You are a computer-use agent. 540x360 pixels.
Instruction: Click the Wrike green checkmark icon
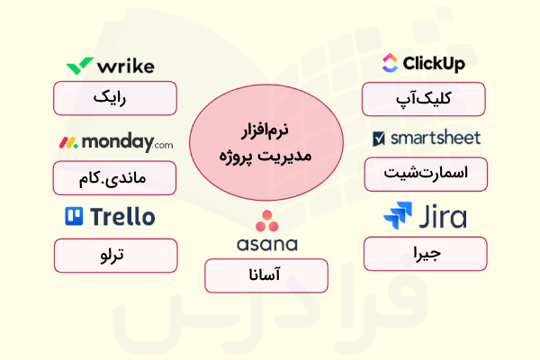coord(78,66)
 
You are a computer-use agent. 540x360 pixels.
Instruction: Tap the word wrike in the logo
coord(123,66)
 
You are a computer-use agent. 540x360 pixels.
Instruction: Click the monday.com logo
coord(115,142)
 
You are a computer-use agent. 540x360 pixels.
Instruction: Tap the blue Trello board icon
coord(75,216)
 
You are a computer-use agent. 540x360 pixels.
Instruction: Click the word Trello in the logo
coord(121,216)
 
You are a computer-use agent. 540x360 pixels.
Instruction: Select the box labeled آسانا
coord(266,275)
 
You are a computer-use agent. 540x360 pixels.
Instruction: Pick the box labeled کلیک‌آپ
coord(423,98)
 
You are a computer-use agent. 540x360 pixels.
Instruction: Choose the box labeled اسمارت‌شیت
coord(425,174)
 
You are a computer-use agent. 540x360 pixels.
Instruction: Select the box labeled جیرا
coord(425,253)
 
